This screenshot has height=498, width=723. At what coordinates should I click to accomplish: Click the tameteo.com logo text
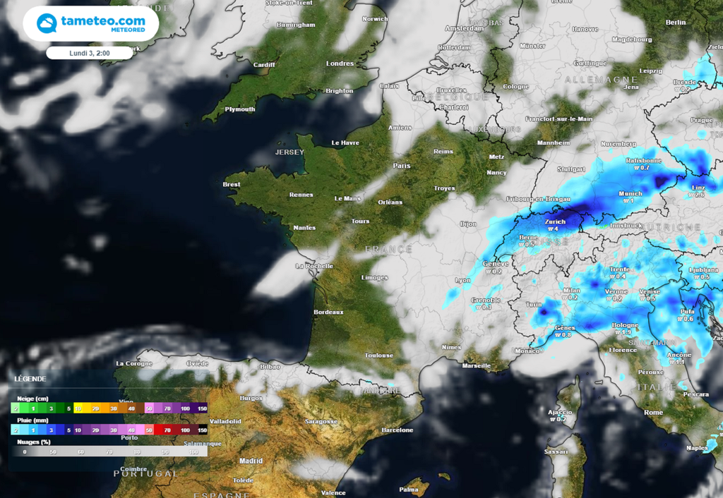pos(103,21)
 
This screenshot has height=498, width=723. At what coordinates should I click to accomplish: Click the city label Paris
pos(402,166)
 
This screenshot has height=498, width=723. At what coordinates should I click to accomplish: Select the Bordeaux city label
pos(328,312)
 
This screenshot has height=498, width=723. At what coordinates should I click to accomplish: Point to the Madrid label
pos(251,461)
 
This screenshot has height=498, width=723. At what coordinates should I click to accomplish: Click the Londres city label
pos(340,63)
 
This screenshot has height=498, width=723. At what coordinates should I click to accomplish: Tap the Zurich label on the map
pos(556,221)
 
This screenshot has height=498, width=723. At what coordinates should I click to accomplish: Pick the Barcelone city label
pos(397,430)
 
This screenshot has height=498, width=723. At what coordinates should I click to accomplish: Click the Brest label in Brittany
pos(231,185)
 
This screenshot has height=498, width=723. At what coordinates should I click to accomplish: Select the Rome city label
pos(653,412)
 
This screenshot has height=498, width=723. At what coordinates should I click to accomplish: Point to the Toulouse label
pos(379,356)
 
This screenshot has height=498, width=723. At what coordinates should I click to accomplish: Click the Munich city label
pos(630,193)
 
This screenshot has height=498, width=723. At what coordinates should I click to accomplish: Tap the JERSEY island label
pos(289,152)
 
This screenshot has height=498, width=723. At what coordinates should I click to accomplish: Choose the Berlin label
pos(676,23)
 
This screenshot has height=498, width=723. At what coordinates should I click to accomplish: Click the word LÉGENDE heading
pos(30,379)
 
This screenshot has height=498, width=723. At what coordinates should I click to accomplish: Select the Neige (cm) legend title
pos(32,399)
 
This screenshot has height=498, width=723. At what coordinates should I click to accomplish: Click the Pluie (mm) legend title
pos(32,420)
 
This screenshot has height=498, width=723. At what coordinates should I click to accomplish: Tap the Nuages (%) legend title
pos(32,442)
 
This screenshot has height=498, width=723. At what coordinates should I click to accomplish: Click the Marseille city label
pos(477,365)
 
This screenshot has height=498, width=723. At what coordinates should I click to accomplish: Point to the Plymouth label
pos(239,109)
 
